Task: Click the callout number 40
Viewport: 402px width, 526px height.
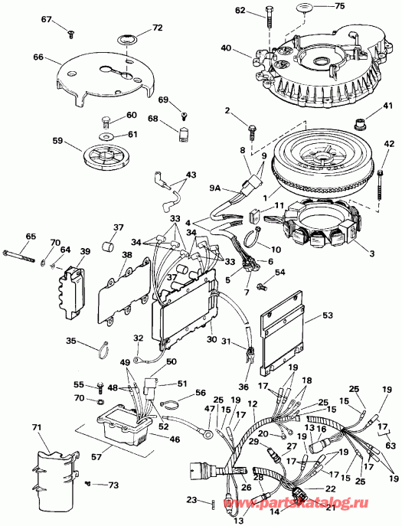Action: [224, 47]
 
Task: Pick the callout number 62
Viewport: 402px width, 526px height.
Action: [240, 11]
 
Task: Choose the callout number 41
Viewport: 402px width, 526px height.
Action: [387, 106]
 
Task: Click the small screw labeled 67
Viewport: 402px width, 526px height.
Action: [70, 32]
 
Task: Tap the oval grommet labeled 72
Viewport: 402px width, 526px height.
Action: [126, 38]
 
